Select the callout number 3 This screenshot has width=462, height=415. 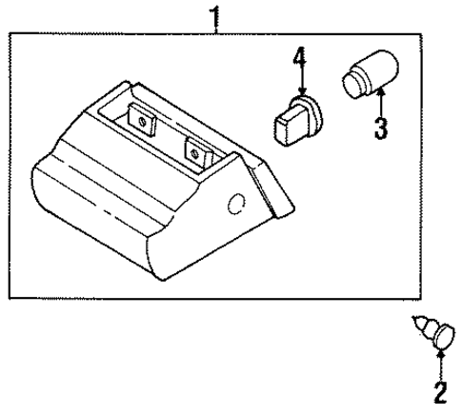click(380, 128)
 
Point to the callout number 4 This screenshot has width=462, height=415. click(299, 60)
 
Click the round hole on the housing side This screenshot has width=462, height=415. click(235, 203)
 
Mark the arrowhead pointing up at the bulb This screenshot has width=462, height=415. click(381, 92)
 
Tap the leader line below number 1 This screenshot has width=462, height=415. click(217, 28)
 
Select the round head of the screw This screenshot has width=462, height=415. click(443, 336)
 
